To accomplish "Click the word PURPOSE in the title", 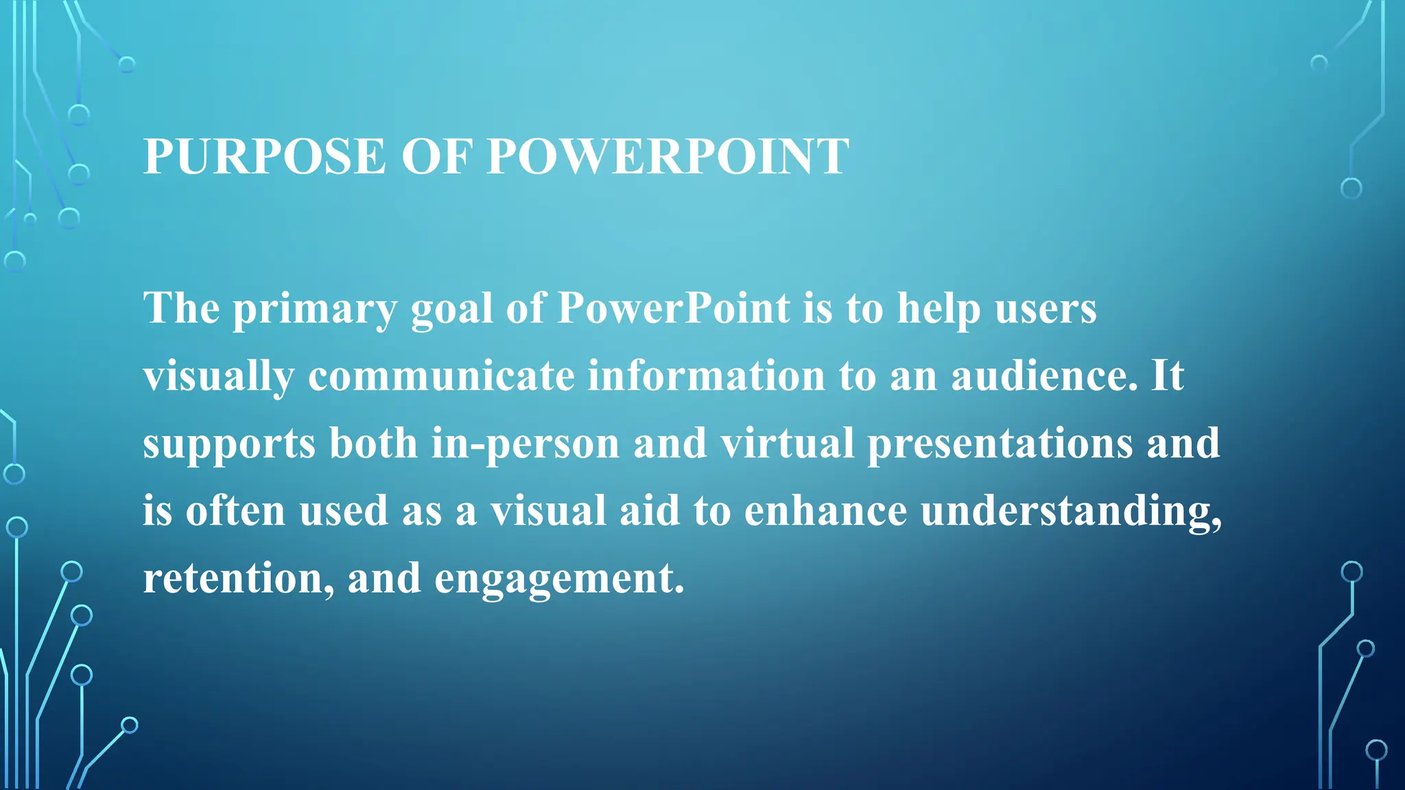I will [265, 156].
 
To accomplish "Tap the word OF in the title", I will [436, 156].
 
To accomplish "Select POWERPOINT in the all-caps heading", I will [668, 156].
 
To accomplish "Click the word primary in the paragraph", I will [315, 309].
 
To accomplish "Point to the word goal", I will [451, 309].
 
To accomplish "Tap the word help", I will [939, 309].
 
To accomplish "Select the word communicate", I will [441, 376].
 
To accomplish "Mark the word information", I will [707, 376].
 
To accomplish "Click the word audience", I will [1044, 376].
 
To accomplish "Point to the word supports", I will [229, 444].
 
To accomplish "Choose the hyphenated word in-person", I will [526, 444].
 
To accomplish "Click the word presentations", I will [1000, 444].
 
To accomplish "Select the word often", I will [235, 510].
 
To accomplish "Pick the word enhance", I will [825, 510].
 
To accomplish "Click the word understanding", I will [1071, 512].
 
